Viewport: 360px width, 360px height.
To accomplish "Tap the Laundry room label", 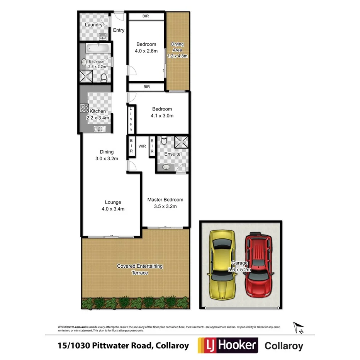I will point(93,25).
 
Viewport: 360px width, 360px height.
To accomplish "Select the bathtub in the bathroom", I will point(97,49).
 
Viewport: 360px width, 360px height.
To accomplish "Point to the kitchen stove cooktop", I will point(84,108).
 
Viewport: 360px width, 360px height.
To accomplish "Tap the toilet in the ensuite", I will point(163,141).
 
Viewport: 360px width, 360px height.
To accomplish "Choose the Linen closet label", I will point(131,119).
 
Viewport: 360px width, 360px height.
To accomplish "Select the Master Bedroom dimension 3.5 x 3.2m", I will point(165,206).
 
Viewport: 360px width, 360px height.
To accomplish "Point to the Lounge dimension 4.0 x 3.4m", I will point(113,209).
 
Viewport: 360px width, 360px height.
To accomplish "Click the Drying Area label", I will point(177,50).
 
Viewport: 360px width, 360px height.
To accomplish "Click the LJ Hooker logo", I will point(228,345).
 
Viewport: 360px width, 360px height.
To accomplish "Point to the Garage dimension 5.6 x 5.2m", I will point(240,270).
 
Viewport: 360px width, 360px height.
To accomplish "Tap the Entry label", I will point(119,30).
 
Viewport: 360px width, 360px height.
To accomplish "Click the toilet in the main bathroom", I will point(104,78).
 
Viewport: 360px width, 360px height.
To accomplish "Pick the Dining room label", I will point(107,152).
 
